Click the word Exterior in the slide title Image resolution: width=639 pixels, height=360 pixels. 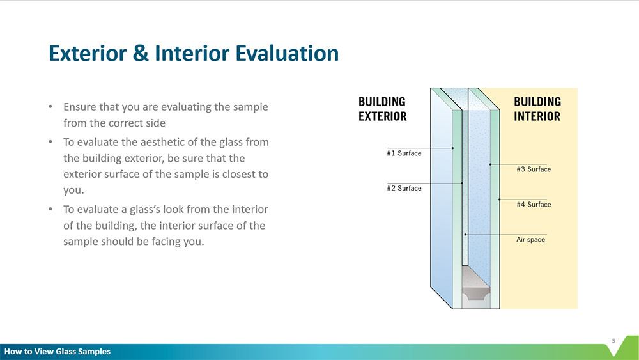(x=88, y=54)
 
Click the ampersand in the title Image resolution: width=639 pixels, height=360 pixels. (x=141, y=54)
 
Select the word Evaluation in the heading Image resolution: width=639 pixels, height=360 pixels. (x=288, y=54)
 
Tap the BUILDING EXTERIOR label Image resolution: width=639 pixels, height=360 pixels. (x=382, y=109)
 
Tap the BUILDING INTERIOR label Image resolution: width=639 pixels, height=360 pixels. (x=537, y=109)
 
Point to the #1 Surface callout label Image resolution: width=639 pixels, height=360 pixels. (x=404, y=153)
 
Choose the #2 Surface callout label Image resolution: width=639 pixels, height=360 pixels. (x=404, y=189)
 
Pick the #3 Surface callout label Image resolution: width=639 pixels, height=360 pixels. (x=534, y=169)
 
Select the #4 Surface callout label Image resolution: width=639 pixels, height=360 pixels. (x=534, y=204)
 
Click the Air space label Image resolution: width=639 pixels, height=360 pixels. (x=530, y=240)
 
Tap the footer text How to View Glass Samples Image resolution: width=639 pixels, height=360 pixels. (x=58, y=352)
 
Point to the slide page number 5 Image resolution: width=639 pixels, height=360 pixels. (x=613, y=341)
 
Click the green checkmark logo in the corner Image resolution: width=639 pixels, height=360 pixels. (x=624, y=347)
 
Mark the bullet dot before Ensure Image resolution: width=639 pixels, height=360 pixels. (x=50, y=107)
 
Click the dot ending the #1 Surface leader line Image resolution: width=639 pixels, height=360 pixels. (x=453, y=148)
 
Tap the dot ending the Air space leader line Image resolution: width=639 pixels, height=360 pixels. (x=465, y=235)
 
